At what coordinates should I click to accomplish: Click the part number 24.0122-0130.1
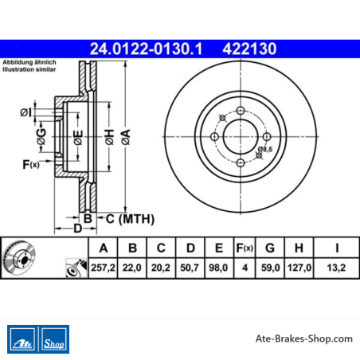[x=146, y=49]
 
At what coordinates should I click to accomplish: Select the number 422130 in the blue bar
[x=249, y=49]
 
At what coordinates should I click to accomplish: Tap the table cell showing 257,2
[x=103, y=268]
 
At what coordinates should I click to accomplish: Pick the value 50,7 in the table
[x=190, y=268]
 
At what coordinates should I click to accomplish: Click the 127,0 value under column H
[x=299, y=268]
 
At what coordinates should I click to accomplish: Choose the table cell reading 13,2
[x=336, y=268]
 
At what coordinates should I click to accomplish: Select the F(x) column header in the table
[x=245, y=248]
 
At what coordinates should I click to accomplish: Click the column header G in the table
[x=270, y=248]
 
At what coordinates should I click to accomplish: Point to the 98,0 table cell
[x=218, y=268]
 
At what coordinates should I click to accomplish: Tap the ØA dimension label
[x=126, y=137]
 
